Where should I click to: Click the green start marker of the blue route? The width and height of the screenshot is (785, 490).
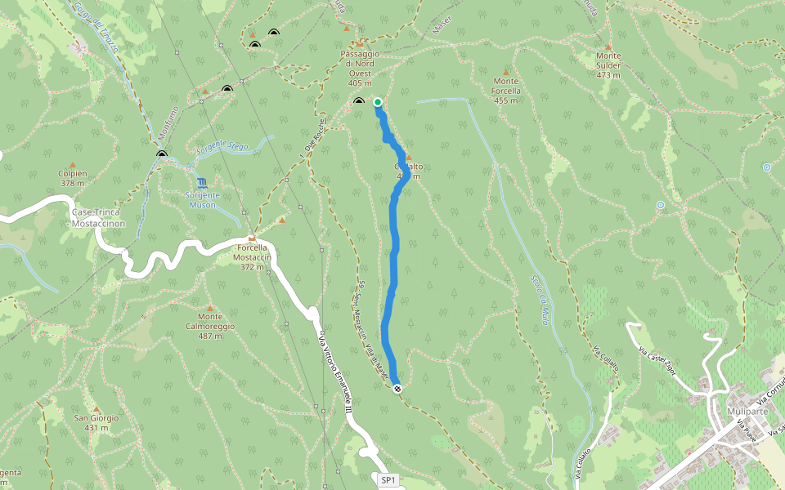(378, 102)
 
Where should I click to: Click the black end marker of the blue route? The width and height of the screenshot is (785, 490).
(397, 389)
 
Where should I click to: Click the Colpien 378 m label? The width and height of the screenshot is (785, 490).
(73, 179)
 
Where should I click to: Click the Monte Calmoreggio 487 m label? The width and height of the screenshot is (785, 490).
(216, 321)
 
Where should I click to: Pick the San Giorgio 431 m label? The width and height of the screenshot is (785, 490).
(97, 422)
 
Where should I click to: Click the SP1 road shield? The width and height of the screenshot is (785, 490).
(388, 480)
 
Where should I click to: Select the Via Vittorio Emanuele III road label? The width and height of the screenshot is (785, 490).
(334, 376)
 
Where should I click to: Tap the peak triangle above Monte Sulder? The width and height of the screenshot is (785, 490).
(609, 47)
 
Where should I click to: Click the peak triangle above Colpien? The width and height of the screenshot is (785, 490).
(72, 164)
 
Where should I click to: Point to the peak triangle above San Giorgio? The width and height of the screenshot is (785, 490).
(96, 408)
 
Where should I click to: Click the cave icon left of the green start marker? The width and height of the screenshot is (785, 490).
(359, 101)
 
